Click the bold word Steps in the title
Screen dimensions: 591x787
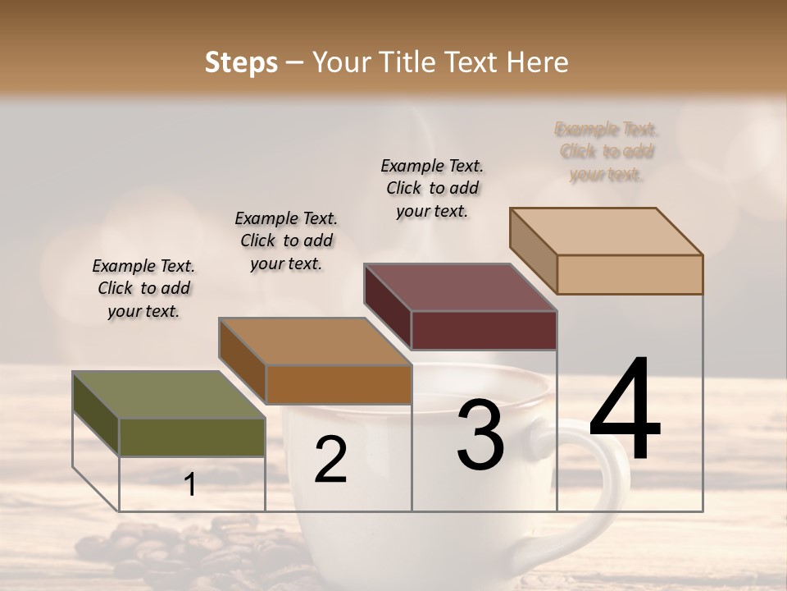tap(241, 62)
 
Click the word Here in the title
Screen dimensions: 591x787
tap(538, 62)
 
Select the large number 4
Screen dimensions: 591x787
tap(625, 410)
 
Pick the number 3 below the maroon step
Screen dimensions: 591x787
tap(480, 435)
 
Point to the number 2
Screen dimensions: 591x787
tap(330, 460)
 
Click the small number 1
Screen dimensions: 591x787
tap(190, 485)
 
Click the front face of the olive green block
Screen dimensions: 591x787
tap(192, 437)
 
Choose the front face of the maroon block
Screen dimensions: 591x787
tap(484, 330)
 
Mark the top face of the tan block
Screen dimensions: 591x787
tap(607, 231)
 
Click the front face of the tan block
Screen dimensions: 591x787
tap(630, 274)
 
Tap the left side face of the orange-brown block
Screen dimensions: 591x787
tap(242, 361)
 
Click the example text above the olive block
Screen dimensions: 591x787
tap(144, 289)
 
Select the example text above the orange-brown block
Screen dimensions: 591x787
tap(286, 241)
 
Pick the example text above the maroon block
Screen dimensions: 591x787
tap(432, 188)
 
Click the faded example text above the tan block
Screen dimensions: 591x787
tap(607, 152)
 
